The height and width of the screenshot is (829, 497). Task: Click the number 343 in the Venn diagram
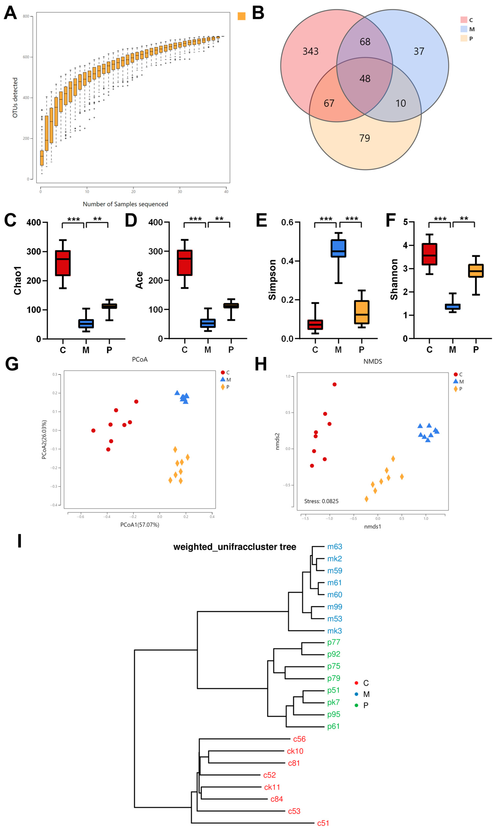coord(311,51)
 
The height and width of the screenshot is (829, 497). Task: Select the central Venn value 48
coord(365,78)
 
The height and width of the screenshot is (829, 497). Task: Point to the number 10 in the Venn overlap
coord(401,103)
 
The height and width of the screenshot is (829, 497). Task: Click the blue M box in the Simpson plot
coord(338,248)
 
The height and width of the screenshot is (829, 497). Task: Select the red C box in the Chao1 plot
coord(63,263)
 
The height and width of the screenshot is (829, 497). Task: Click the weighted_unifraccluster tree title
coord(234,547)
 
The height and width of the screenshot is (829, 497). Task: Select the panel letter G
coord(12,364)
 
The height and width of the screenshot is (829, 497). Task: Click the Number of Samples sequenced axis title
coord(125,204)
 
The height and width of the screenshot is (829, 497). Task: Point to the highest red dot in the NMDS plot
coord(334,384)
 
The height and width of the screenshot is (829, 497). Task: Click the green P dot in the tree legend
coord(356,705)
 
